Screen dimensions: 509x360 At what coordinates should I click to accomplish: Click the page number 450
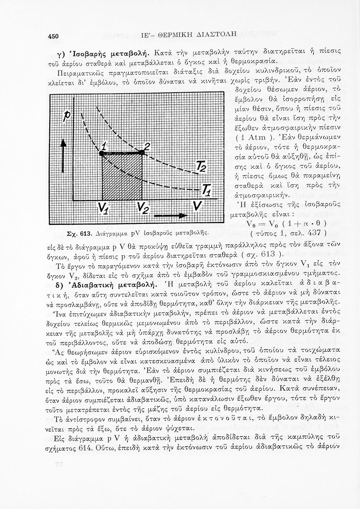54,37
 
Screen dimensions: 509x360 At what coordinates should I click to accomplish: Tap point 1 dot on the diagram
101,153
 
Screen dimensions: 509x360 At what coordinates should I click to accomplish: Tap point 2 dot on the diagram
142,153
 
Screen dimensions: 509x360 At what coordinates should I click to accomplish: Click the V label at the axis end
196,207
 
